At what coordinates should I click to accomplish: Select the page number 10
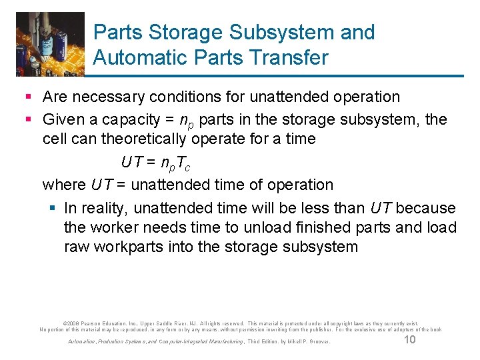(x=410, y=341)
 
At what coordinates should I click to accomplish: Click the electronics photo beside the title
(x=51, y=44)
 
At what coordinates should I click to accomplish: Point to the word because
(x=425, y=209)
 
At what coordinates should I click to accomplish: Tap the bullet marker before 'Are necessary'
(x=29, y=97)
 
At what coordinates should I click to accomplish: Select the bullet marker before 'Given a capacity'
(x=29, y=120)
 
